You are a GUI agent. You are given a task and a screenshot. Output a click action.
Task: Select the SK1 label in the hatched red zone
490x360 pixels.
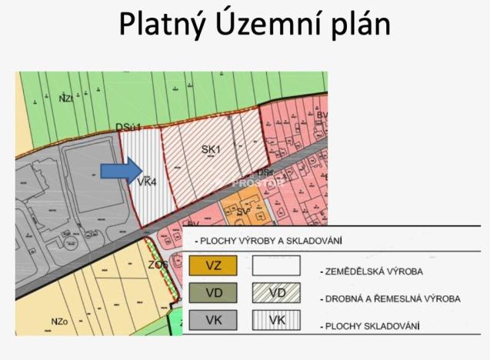(211, 150)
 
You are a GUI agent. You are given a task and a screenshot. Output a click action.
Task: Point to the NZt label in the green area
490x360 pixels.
(66, 98)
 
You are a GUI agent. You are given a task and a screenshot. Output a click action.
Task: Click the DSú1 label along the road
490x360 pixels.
(128, 126)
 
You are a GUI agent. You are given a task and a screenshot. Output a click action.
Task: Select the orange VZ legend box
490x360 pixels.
(212, 266)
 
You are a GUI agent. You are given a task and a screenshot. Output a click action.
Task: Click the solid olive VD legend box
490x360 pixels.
(212, 293)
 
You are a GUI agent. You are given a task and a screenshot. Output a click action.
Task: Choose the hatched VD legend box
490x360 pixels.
(275, 293)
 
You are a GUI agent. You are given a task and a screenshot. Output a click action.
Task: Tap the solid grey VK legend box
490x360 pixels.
(212, 320)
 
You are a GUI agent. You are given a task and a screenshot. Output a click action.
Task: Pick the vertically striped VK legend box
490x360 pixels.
(275, 320)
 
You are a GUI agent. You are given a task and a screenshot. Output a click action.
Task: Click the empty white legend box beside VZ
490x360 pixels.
(275, 266)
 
